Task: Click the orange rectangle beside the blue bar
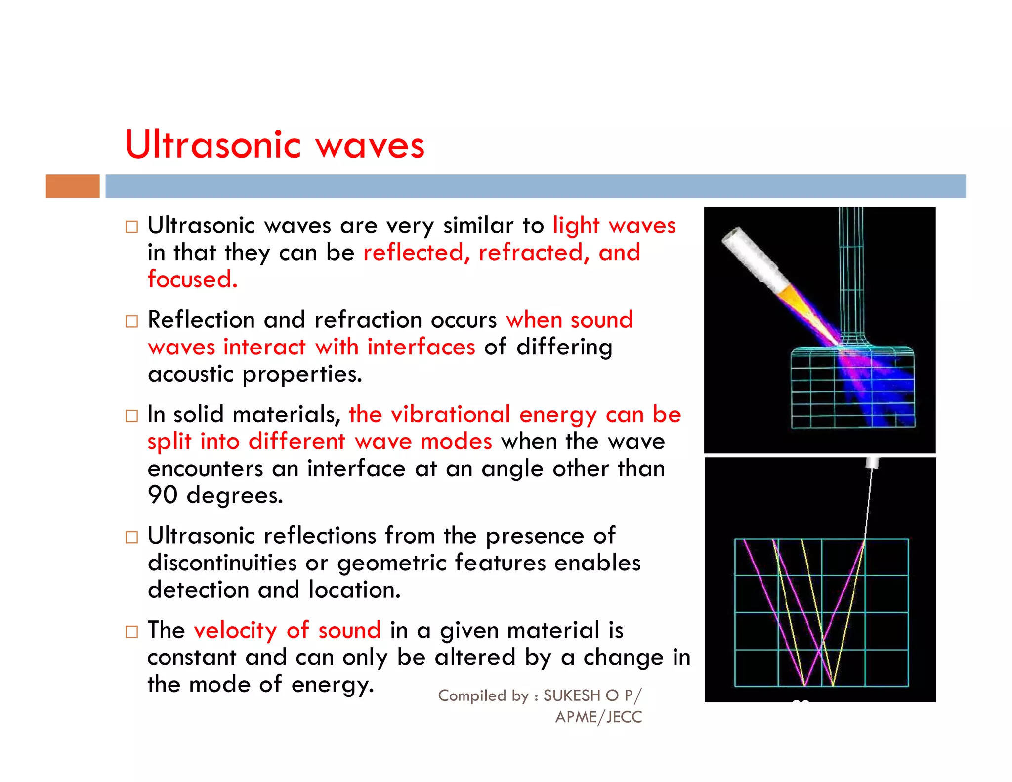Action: (73, 186)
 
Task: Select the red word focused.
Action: (192, 279)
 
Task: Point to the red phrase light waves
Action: (614, 226)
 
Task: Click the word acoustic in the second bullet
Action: (190, 375)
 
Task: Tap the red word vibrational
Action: (450, 414)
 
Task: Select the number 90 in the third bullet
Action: (162, 495)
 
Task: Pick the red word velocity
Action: (235, 631)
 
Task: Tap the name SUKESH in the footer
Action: (571, 695)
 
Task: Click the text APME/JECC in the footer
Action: (598, 717)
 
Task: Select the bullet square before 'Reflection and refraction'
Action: (131, 321)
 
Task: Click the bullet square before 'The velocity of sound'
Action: (131, 632)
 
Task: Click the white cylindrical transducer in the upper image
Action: (752, 261)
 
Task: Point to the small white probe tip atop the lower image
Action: (872, 463)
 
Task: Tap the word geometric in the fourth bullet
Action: (391, 563)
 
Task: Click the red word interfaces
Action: (421, 347)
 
